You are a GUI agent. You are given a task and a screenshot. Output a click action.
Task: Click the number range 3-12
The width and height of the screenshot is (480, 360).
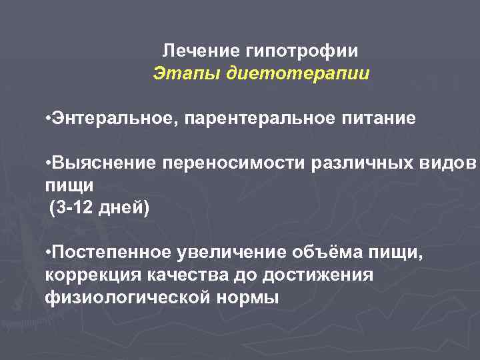73,209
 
